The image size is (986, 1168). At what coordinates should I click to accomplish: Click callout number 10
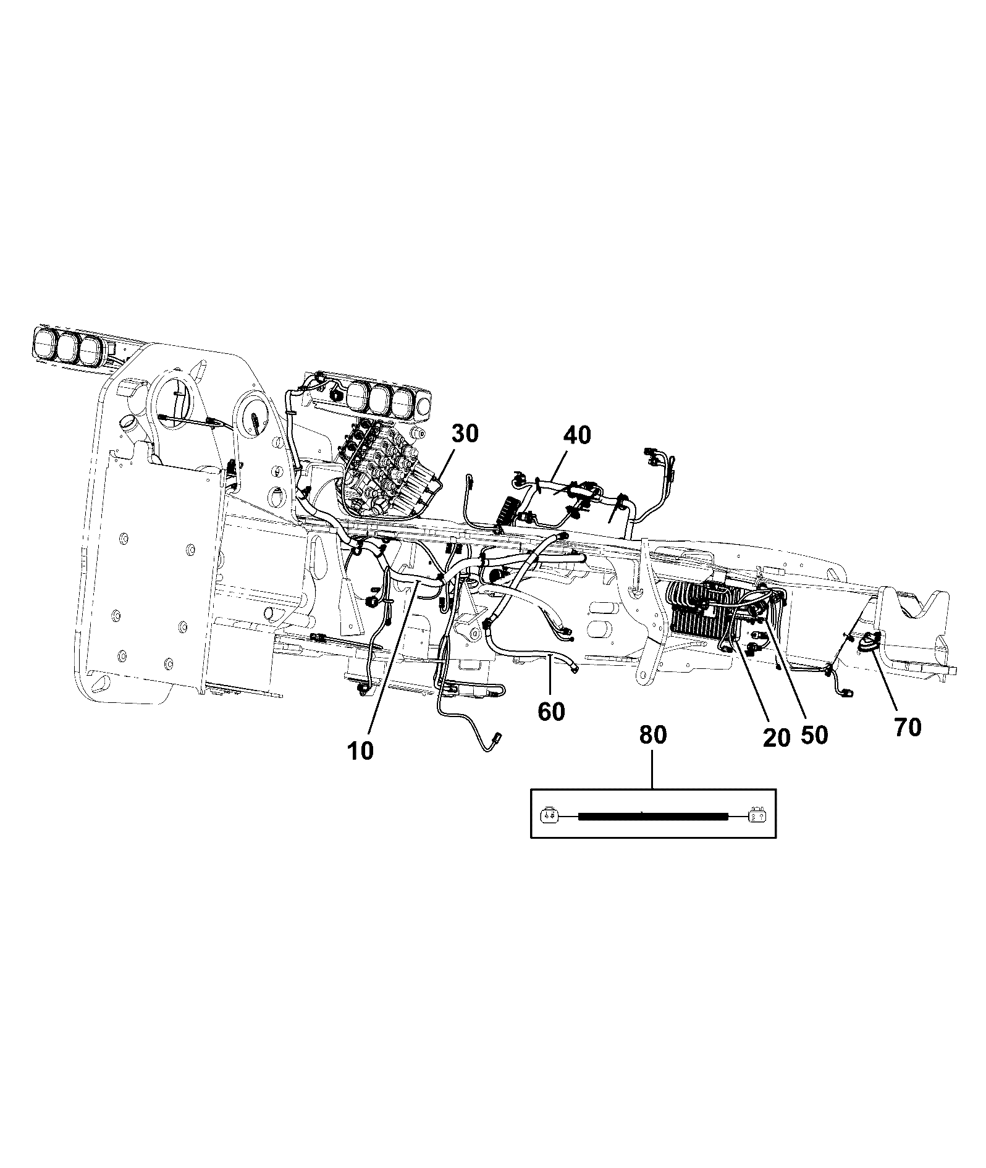tap(360, 750)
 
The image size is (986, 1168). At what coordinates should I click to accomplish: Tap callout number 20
tap(777, 737)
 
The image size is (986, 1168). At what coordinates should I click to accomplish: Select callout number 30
tap(465, 434)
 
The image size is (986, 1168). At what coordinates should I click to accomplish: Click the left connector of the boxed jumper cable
tap(549, 816)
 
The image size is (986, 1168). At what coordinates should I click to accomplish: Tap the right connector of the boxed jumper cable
tap(757, 816)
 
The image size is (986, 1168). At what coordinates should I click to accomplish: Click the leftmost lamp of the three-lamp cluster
tap(44, 343)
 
